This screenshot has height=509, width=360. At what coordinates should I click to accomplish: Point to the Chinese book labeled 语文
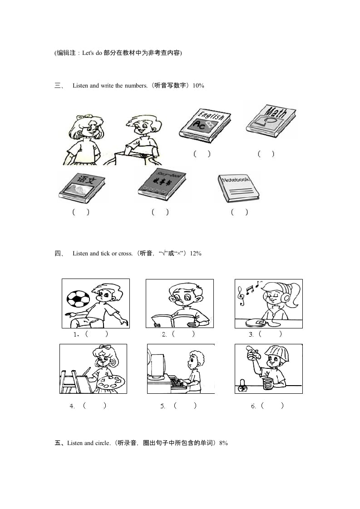[x=82, y=186]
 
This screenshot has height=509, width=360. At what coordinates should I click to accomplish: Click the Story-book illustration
[x=161, y=184]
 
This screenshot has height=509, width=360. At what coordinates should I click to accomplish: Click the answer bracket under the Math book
[x=266, y=154]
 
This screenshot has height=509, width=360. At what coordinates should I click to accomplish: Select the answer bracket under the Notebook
[x=239, y=212]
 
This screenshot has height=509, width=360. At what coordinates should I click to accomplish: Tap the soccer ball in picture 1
[x=78, y=299]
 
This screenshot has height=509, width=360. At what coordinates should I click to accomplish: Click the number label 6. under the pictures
[x=254, y=406]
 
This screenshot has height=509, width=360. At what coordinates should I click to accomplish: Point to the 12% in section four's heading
[x=196, y=254]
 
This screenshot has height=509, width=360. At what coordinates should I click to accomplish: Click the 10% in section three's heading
[x=198, y=85]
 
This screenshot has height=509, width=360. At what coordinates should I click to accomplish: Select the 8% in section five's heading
[x=223, y=443]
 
